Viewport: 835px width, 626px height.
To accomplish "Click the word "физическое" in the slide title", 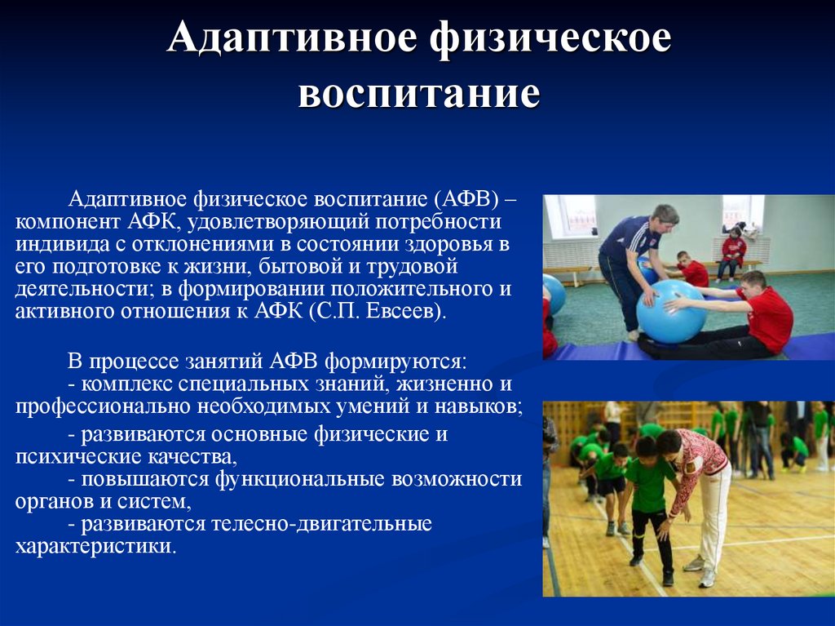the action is click(550, 38).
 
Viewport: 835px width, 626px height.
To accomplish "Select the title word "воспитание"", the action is click(419, 94).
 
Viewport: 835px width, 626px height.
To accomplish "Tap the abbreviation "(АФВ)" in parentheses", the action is click(466, 199).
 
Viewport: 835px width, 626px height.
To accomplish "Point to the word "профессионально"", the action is click(103, 407).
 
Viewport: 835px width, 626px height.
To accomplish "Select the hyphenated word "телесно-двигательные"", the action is click(321, 524).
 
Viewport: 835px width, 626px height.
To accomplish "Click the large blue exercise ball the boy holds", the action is click(671, 312).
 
